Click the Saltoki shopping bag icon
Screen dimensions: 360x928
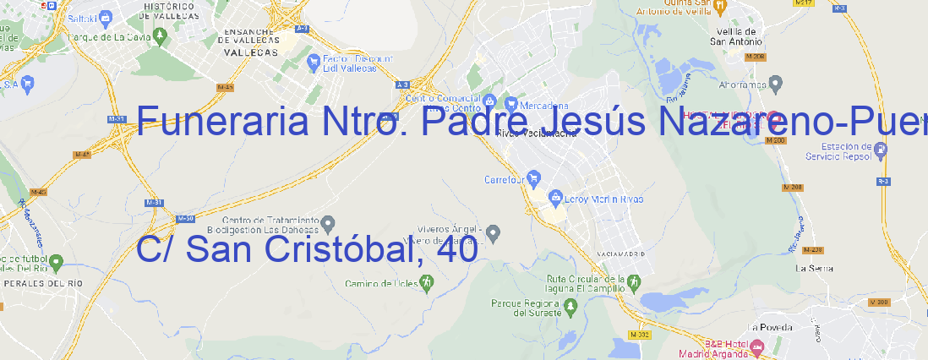(105, 16)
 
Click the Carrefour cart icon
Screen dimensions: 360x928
(534, 179)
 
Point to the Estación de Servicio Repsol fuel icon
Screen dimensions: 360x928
(882, 150)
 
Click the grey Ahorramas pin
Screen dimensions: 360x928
(776, 84)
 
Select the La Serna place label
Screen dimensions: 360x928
(815, 268)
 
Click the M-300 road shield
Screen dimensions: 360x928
(878, 302)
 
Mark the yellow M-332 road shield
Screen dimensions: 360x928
(641, 335)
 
